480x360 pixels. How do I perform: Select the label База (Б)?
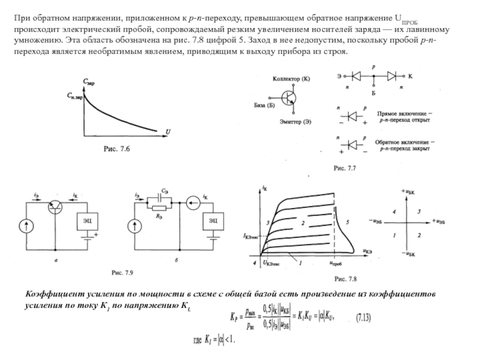coord(264,106)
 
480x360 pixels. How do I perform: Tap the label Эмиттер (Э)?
coord(295,122)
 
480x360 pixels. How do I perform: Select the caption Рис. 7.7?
coord(345,170)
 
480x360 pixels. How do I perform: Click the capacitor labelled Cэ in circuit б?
coord(160,195)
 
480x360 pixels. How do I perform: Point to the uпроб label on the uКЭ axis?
coord(337,263)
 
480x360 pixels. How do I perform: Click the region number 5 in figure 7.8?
coord(347,221)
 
